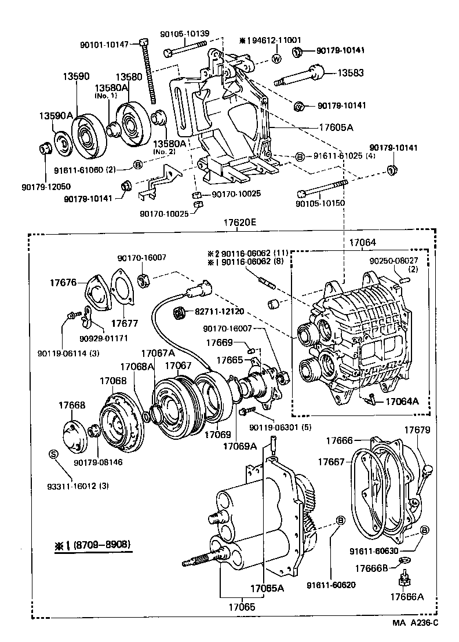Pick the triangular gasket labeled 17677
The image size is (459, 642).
pos(121,294)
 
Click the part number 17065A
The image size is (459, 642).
pos(268,588)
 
